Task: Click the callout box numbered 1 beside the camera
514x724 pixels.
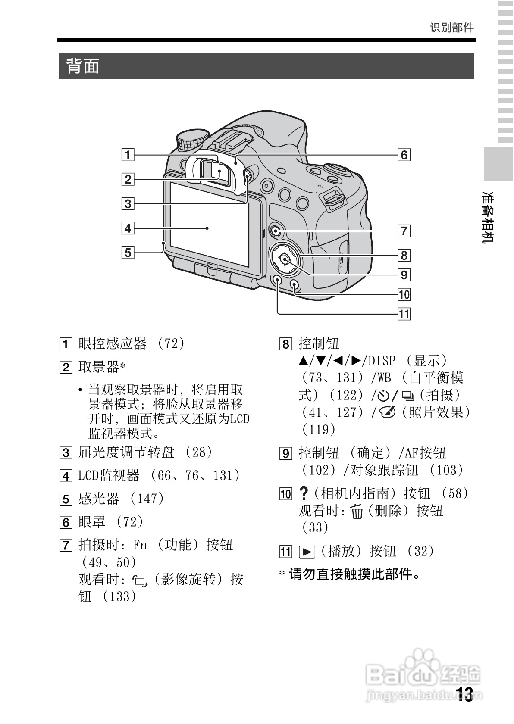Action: tap(128, 155)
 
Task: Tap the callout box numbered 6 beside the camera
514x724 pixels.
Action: tap(404, 155)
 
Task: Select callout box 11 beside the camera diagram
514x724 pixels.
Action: tap(404, 314)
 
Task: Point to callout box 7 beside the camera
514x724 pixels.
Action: tap(404, 231)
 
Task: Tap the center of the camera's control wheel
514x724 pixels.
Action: tap(285, 259)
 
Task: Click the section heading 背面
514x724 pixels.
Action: tap(82, 66)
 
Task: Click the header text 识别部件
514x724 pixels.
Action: tap(451, 28)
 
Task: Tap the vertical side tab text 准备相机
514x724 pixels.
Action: tap(488, 218)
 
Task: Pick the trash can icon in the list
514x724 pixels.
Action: tap(357, 512)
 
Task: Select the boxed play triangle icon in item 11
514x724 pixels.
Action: tap(307, 552)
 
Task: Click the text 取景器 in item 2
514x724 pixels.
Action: tap(98, 367)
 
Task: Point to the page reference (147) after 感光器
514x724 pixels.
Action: tap(147, 499)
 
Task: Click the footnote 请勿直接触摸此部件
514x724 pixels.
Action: tap(354, 574)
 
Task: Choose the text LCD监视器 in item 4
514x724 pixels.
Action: tap(109, 475)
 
